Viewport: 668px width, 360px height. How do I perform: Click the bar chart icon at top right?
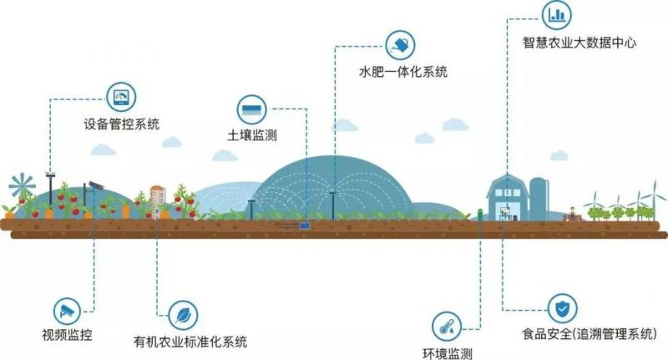click(555, 14)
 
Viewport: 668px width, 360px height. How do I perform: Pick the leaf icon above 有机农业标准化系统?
click(182, 313)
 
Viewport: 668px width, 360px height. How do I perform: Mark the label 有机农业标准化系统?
click(190, 342)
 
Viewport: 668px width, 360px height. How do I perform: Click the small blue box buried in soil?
click(303, 223)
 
